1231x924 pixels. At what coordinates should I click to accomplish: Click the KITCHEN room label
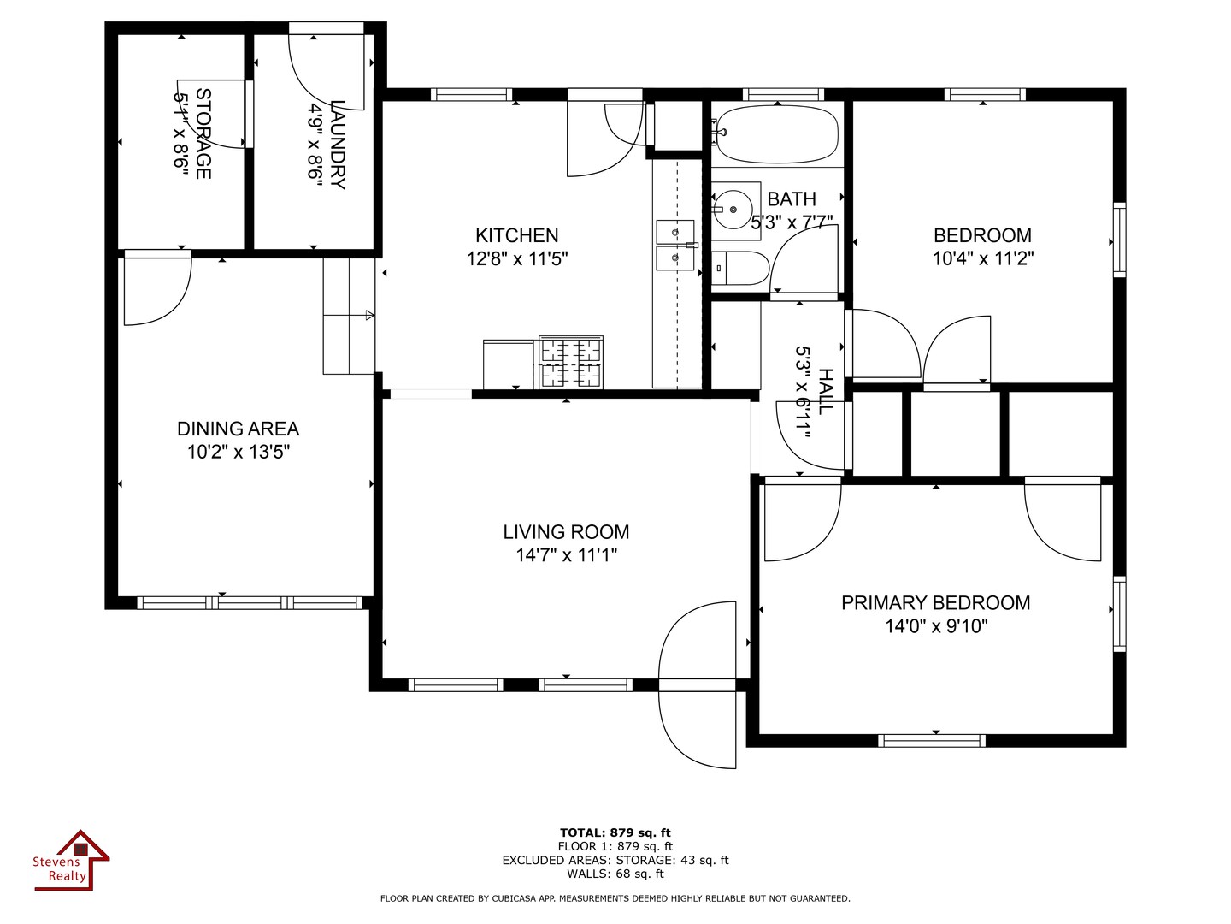point(516,235)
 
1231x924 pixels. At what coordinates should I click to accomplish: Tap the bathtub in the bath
point(777,134)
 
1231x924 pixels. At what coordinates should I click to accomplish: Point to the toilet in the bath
point(740,268)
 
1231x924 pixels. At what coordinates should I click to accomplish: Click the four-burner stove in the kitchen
point(571,362)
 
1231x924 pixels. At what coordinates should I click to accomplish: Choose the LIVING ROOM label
point(566,532)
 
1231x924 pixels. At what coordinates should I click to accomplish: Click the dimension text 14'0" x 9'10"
point(936,625)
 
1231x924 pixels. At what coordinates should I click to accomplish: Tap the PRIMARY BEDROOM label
point(935,602)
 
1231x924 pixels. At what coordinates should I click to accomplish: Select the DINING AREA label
point(238,429)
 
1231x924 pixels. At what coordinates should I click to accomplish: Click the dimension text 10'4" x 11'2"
point(982,258)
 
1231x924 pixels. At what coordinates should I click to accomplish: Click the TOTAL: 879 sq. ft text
point(615,832)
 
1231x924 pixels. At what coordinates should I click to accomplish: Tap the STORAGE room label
point(203,133)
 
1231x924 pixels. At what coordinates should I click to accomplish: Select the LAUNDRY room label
point(338,145)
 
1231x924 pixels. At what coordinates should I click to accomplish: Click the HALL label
point(826,392)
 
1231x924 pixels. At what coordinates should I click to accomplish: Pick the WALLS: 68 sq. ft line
point(615,874)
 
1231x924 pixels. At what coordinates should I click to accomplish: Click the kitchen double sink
point(675,246)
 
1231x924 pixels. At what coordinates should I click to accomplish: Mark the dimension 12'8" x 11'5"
point(517,258)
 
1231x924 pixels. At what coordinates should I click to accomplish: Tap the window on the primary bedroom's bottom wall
point(932,741)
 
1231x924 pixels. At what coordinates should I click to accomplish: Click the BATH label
point(792,199)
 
